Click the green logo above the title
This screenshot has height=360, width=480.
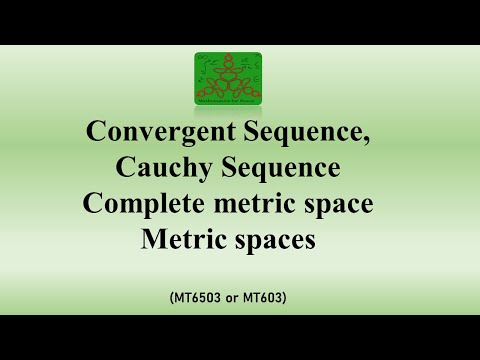pyautogui.click(x=227, y=78)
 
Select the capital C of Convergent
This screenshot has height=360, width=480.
pyautogui.click(x=97, y=133)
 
